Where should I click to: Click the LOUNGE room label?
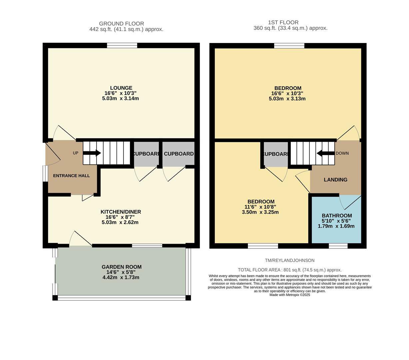[121, 88]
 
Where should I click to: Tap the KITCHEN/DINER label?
[121, 212]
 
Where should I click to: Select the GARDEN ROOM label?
[122, 267]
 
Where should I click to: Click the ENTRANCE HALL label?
[71, 176]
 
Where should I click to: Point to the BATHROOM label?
[337, 216]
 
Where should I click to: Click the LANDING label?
[335, 180]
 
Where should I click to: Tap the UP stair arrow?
[92, 153]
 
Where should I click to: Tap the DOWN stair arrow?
[325, 153]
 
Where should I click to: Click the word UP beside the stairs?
[76, 153]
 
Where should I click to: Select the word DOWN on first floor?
[342, 153]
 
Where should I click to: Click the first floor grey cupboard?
[276, 154]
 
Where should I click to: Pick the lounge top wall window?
[122, 46]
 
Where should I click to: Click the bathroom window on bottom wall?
[338, 246]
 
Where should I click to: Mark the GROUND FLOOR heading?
[122, 24]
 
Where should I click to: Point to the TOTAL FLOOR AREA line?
[289, 270]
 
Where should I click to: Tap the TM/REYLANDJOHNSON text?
[289, 260]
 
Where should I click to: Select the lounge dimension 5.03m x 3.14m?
[120, 99]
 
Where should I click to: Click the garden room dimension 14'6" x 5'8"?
[121, 272]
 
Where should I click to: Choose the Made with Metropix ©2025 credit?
[289, 295]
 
